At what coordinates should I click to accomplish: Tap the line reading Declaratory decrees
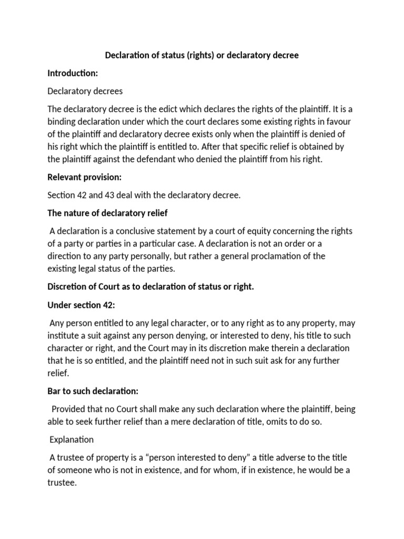(85, 91)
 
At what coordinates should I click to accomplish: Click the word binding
(62, 122)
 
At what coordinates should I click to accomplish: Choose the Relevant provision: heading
(84, 177)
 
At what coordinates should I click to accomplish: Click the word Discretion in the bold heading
(67, 287)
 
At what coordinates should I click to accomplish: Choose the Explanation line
(72, 439)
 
